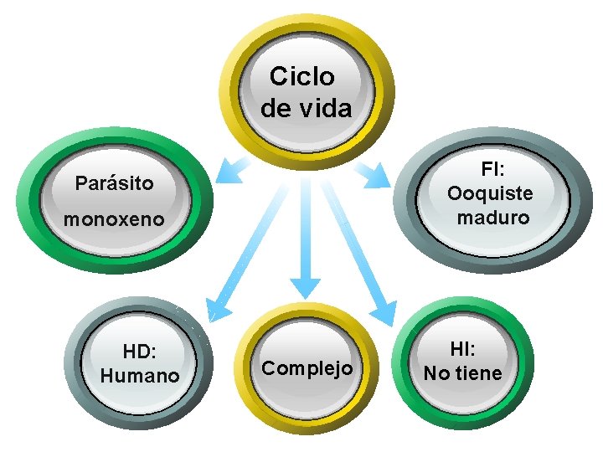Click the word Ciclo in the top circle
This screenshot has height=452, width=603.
click(x=302, y=78)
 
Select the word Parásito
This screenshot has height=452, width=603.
click(x=115, y=182)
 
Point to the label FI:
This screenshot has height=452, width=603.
click(x=491, y=169)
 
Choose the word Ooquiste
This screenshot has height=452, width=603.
click(x=490, y=193)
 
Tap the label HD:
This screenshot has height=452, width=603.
click(x=140, y=352)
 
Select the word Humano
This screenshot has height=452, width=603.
click(x=140, y=376)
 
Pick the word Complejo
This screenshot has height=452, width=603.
click(x=307, y=368)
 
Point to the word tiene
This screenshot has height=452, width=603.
click(x=478, y=373)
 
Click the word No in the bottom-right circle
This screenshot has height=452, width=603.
click(x=435, y=373)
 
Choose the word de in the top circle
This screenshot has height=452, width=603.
click(x=276, y=108)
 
